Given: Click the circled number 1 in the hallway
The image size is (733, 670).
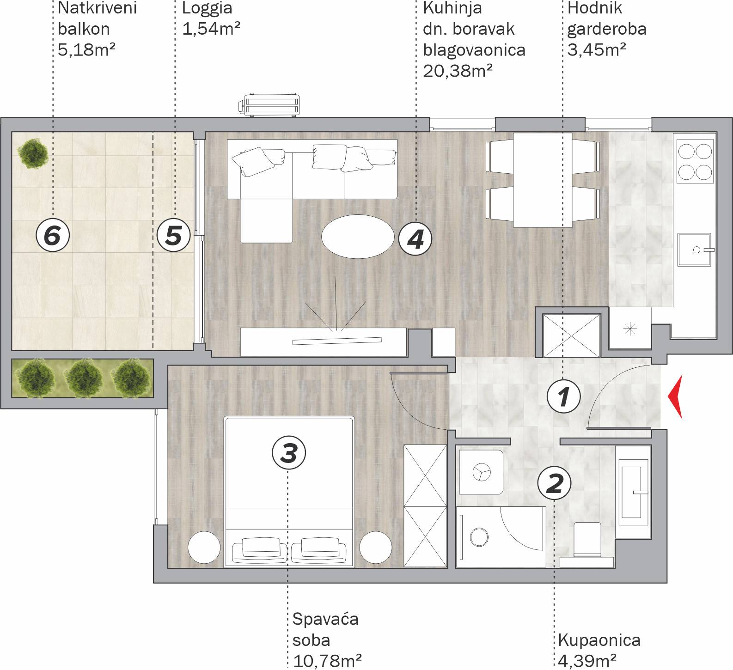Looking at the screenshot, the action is tap(563, 396).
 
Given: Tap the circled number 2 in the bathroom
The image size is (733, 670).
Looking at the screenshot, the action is tap(555, 483).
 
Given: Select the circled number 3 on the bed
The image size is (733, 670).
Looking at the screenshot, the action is tap(289, 452).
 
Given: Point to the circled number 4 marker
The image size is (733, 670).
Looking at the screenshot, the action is tap(415, 239).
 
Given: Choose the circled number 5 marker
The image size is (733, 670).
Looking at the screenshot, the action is tap(173, 235).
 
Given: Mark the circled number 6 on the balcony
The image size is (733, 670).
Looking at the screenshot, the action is tap(53, 235).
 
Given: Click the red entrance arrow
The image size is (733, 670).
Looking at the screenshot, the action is tap(675, 397).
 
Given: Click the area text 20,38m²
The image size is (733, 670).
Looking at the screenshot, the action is tap(458, 71).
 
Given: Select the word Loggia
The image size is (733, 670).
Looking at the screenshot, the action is tap(207, 9).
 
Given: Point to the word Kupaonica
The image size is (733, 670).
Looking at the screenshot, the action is tap(599, 640).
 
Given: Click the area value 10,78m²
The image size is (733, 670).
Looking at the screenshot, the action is tap(327, 661).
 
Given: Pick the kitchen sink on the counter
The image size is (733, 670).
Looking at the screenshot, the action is tap(695, 250).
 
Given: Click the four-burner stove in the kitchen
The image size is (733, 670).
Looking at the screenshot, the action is tap(695, 161).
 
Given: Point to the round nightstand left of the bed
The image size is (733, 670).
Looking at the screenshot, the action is tap(204, 547).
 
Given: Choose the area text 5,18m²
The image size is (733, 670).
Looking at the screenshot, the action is tap(86, 49).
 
